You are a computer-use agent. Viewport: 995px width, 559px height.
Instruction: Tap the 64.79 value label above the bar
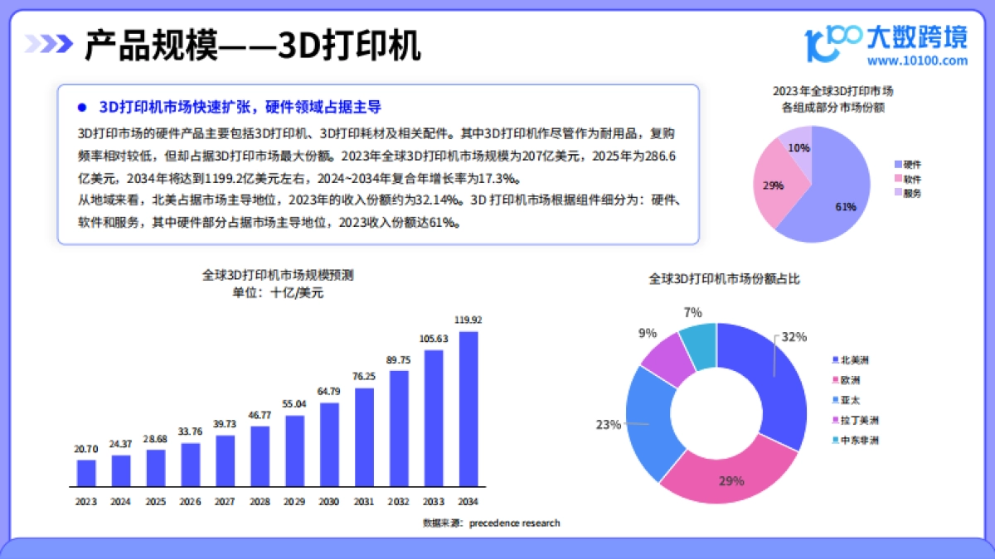(x=329, y=391)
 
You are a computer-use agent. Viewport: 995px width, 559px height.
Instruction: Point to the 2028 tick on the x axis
(x=260, y=501)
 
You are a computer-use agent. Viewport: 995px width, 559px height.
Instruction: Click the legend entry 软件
(x=912, y=179)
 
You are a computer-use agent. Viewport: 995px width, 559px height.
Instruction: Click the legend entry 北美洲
(x=854, y=360)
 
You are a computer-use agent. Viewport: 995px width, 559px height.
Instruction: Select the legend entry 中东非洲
(x=858, y=440)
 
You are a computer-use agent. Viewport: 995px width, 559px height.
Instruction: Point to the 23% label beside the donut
(x=608, y=425)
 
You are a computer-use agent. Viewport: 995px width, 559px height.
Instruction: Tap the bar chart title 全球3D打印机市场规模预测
(x=278, y=275)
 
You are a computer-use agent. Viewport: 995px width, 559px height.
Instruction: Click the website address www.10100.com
(x=916, y=60)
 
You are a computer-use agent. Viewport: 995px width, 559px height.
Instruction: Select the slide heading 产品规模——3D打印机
(x=253, y=46)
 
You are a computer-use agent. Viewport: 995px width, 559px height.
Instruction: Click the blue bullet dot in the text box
(x=81, y=108)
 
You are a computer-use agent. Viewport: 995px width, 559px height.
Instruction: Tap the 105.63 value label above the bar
(x=433, y=338)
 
